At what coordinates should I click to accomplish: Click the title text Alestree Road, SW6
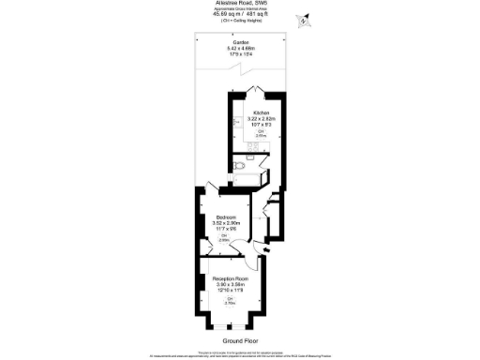(240, 4)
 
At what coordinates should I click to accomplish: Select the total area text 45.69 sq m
(228, 13)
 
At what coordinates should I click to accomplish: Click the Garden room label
(240, 43)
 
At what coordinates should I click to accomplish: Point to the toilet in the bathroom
(241, 166)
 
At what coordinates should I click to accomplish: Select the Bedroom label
(225, 217)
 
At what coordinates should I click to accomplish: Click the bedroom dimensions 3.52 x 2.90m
(225, 222)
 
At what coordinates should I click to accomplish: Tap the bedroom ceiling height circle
(225, 238)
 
